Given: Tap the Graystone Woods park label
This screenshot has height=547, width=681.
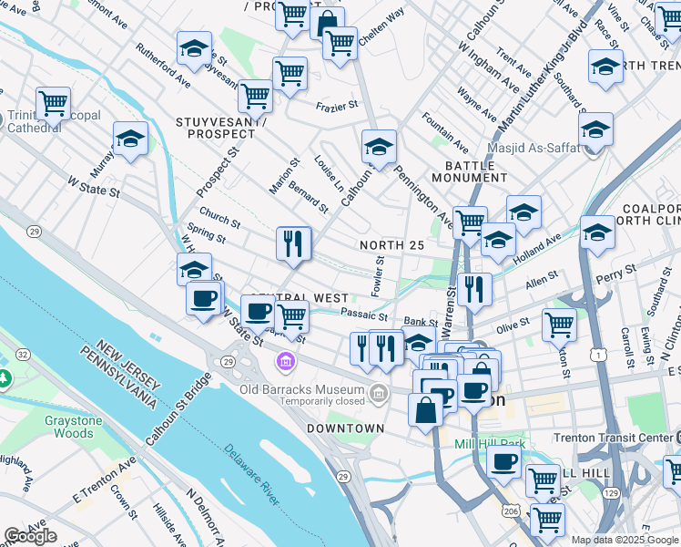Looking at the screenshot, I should pos(68,427).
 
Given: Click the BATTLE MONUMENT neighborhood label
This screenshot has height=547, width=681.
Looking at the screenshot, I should pos(470,172).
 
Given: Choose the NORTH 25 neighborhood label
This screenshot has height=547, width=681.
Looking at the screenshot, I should pos(391,245).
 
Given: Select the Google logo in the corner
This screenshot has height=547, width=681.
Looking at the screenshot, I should pos(31,535).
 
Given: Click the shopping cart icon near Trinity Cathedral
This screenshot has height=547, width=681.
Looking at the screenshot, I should pos(53,103).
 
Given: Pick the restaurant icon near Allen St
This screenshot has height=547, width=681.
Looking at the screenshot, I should pos(474,289).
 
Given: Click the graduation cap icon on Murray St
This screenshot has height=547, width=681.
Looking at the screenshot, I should pos(130,139).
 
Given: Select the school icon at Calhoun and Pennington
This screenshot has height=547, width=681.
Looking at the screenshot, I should pos(379,145).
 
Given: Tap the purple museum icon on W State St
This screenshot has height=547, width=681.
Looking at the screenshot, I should pos(287,363).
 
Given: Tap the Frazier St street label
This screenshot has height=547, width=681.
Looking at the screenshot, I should pos(337,107).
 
